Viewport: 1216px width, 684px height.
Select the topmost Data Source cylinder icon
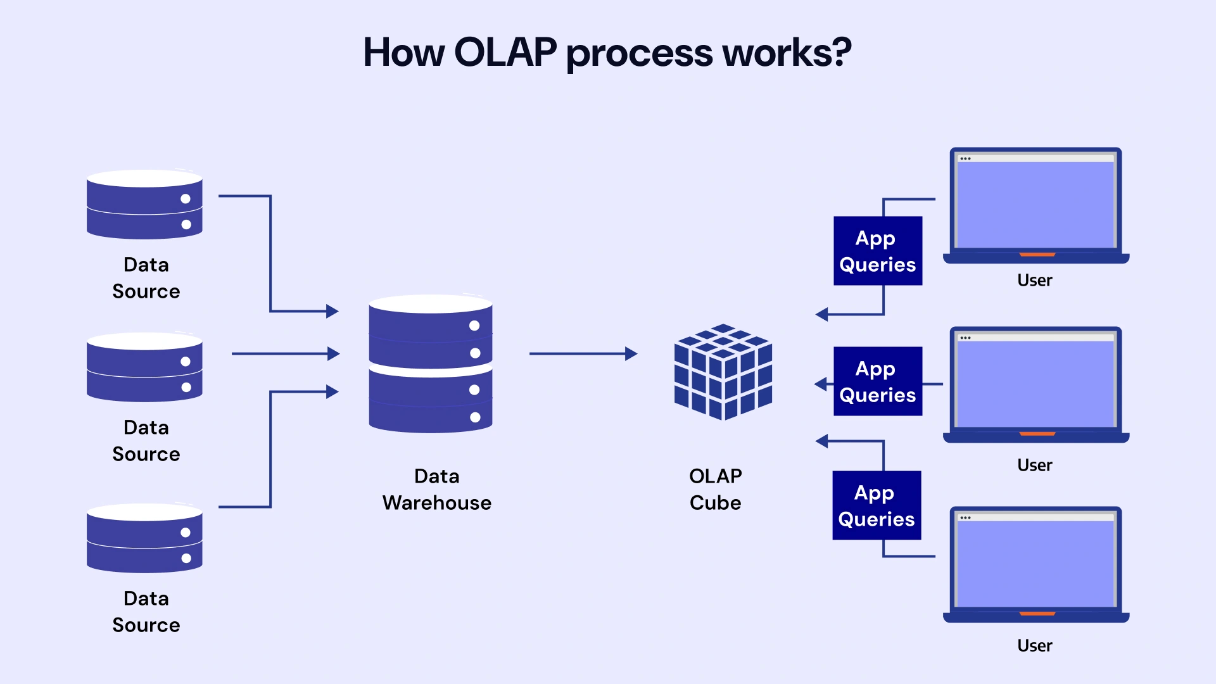click(x=144, y=204)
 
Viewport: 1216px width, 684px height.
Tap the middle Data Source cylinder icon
click(x=144, y=367)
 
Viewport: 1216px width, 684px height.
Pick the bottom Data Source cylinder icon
click(x=144, y=538)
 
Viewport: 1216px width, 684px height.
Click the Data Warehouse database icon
click(x=431, y=364)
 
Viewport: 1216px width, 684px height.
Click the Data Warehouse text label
click(x=437, y=490)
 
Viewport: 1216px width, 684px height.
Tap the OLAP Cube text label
click(x=716, y=490)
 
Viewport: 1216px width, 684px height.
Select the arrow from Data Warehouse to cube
click(x=583, y=353)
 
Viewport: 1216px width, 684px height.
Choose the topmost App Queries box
click(x=878, y=251)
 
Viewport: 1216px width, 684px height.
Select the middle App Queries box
click(x=878, y=381)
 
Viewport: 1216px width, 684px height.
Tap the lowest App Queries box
click(x=877, y=505)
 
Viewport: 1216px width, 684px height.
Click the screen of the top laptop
click(x=1035, y=204)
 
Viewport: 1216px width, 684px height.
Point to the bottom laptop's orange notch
click(x=1037, y=614)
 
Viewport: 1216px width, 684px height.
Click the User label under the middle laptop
click(x=1034, y=465)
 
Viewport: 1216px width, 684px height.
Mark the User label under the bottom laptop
click(x=1034, y=645)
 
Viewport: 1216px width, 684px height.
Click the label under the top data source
click(x=146, y=278)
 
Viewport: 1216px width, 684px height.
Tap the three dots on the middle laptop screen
click(x=965, y=338)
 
